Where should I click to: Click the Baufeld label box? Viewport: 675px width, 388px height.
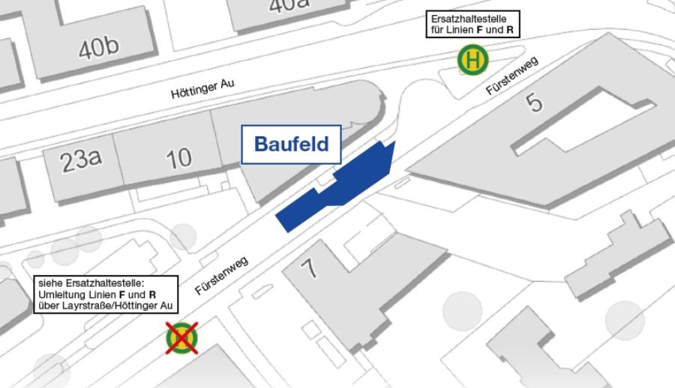coord(292,144)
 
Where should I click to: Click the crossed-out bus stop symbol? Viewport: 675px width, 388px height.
coord(182,337)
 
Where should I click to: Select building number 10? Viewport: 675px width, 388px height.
coord(178,158)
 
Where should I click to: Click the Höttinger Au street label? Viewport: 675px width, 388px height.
coord(202,91)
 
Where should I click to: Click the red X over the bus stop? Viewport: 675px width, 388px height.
coord(182,337)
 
